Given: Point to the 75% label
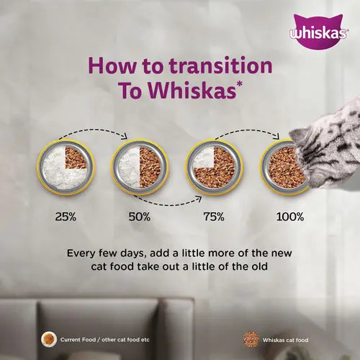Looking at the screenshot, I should (x=214, y=215).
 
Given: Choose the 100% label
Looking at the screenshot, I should (x=289, y=215).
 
